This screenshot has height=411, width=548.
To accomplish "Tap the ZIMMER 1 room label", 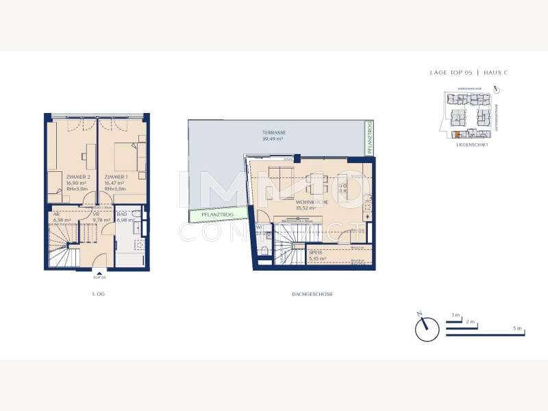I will [x=114, y=177].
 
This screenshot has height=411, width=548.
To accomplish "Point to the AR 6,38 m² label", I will [x=61, y=217].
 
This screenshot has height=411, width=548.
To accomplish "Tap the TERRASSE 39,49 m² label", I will [x=273, y=135].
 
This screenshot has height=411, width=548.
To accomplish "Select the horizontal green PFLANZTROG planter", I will [x=217, y=215].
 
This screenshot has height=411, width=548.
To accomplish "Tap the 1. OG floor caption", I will [x=98, y=294].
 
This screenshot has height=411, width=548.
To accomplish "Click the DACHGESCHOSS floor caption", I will [x=312, y=294].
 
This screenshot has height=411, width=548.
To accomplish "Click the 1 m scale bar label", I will [x=456, y=314].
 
